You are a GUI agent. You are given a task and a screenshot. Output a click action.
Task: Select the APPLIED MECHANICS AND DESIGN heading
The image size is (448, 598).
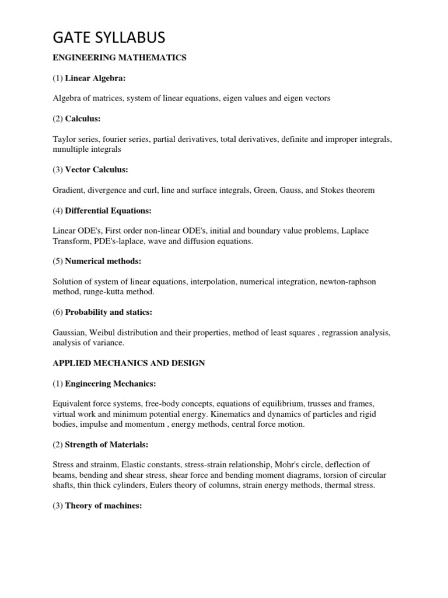[x=128, y=363]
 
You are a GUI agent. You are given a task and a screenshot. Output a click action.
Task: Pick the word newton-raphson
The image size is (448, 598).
[x=348, y=281]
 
